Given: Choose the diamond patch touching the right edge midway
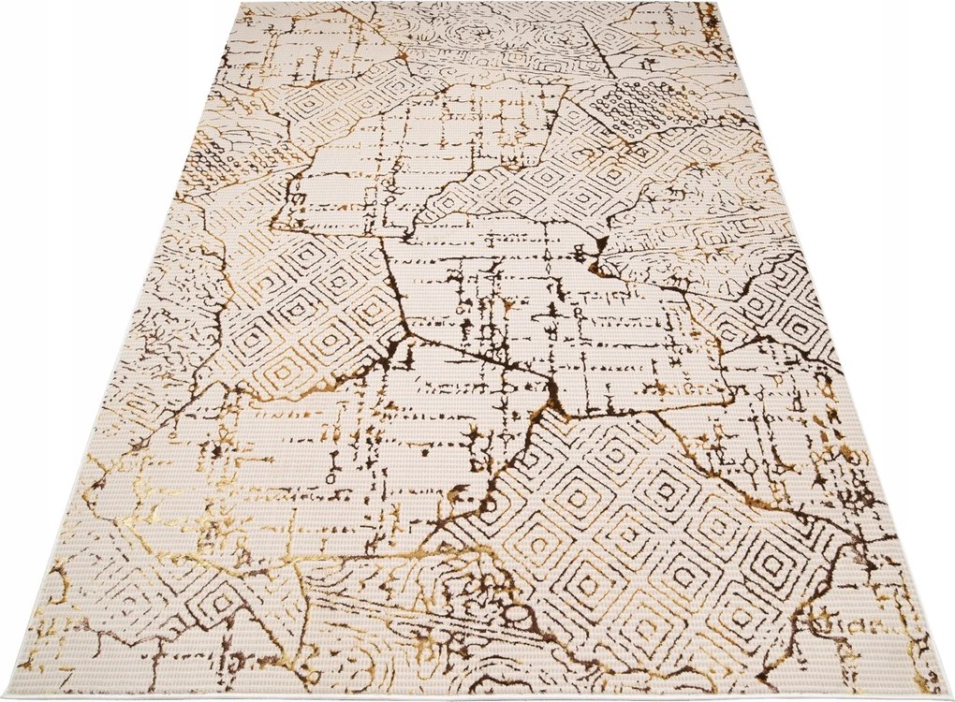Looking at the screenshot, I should pos(777,309).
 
